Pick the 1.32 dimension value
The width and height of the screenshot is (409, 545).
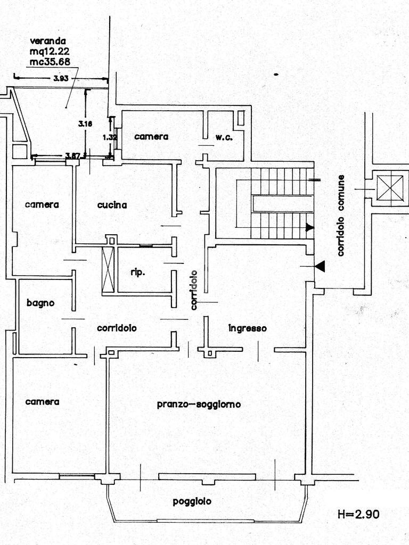[x=109, y=137]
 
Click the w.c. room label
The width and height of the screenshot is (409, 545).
[x=223, y=137]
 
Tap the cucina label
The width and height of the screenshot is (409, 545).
[x=112, y=205]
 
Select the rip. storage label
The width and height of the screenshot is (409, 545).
[x=137, y=272]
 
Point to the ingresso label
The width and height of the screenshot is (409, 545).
[x=247, y=328]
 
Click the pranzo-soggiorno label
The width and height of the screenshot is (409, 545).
[x=199, y=404]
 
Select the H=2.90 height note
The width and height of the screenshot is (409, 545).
[x=358, y=514]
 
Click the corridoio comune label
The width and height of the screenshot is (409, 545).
[x=341, y=216]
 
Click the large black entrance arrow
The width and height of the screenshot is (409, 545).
[x=320, y=266]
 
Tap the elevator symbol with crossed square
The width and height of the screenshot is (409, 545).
[x=390, y=188]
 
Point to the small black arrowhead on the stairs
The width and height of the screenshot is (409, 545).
[x=309, y=228]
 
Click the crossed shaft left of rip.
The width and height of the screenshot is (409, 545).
[x=108, y=269]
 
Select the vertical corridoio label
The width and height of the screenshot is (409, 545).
[x=194, y=290]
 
